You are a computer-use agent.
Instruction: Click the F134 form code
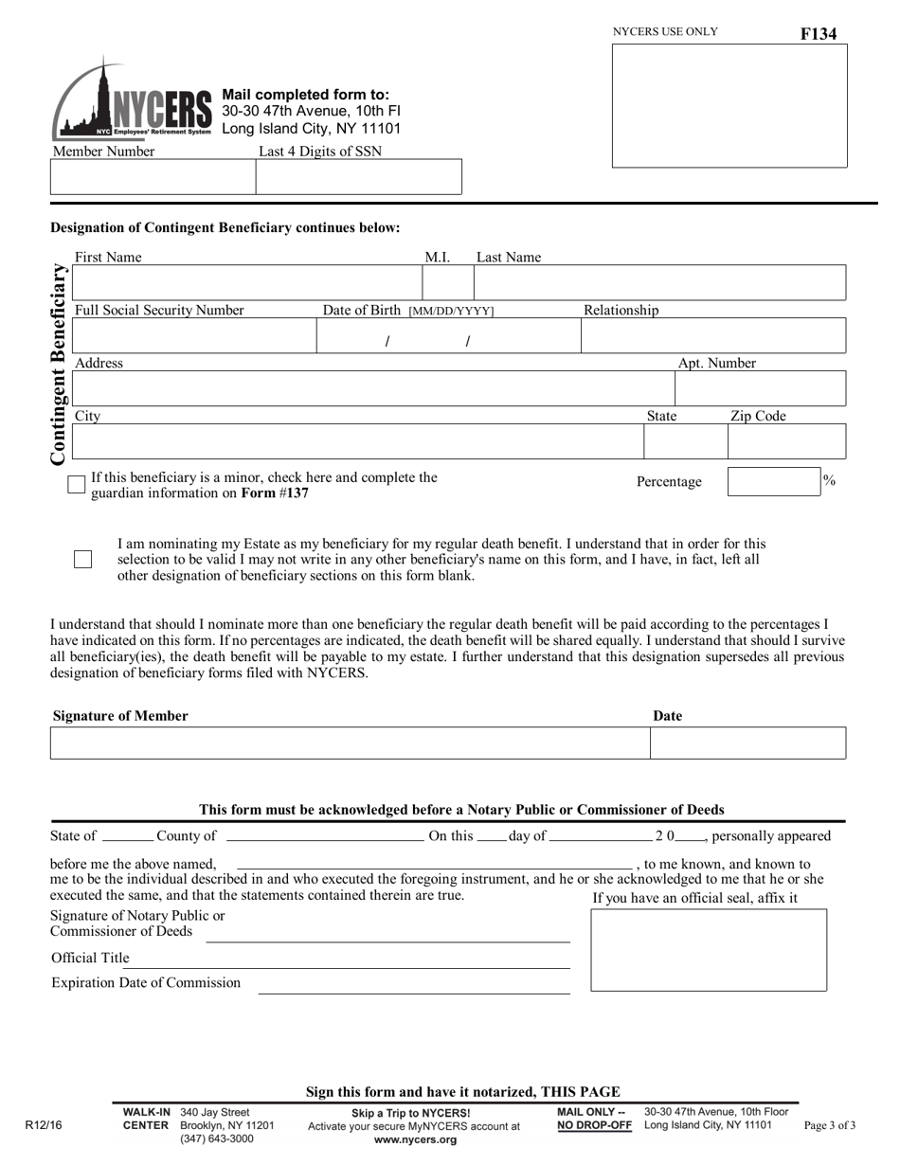(x=819, y=34)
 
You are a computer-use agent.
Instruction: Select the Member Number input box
(x=153, y=177)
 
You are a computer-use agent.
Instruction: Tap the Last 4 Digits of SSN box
(x=358, y=177)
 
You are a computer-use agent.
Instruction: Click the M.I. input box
(x=446, y=282)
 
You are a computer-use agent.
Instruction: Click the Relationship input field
(x=712, y=335)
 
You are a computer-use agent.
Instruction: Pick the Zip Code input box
(x=785, y=441)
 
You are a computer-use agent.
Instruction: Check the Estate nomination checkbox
(x=82, y=559)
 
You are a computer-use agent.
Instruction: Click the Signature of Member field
(x=350, y=744)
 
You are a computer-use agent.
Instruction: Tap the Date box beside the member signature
(x=747, y=744)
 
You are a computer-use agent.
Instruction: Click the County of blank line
(x=324, y=837)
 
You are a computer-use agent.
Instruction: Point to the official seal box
(x=709, y=950)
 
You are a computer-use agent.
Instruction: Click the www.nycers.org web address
(x=414, y=1140)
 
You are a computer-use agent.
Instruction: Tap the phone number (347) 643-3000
(x=217, y=1139)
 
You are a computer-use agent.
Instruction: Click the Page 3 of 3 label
(x=829, y=1126)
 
